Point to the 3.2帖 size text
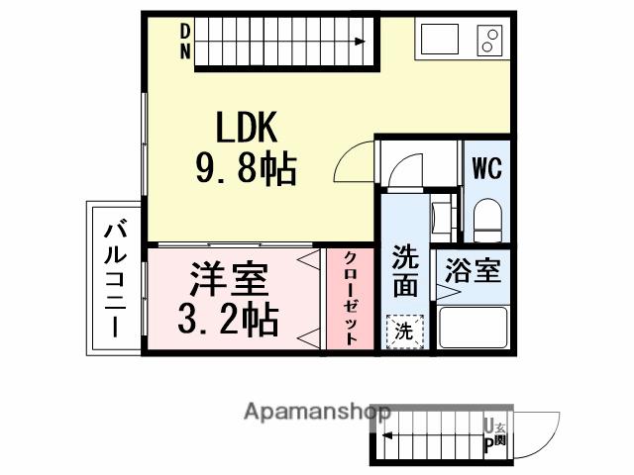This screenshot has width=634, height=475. pyautogui.click(x=228, y=319)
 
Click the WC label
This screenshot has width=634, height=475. pyautogui.click(x=485, y=168)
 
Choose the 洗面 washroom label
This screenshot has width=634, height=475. pyautogui.click(x=404, y=270)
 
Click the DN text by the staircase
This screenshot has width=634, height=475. pyautogui.click(x=185, y=42)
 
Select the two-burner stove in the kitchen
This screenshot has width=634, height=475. pyautogui.click(x=488, y=41)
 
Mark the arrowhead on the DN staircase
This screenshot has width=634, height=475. pyautogui.click(x=361, y=41)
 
